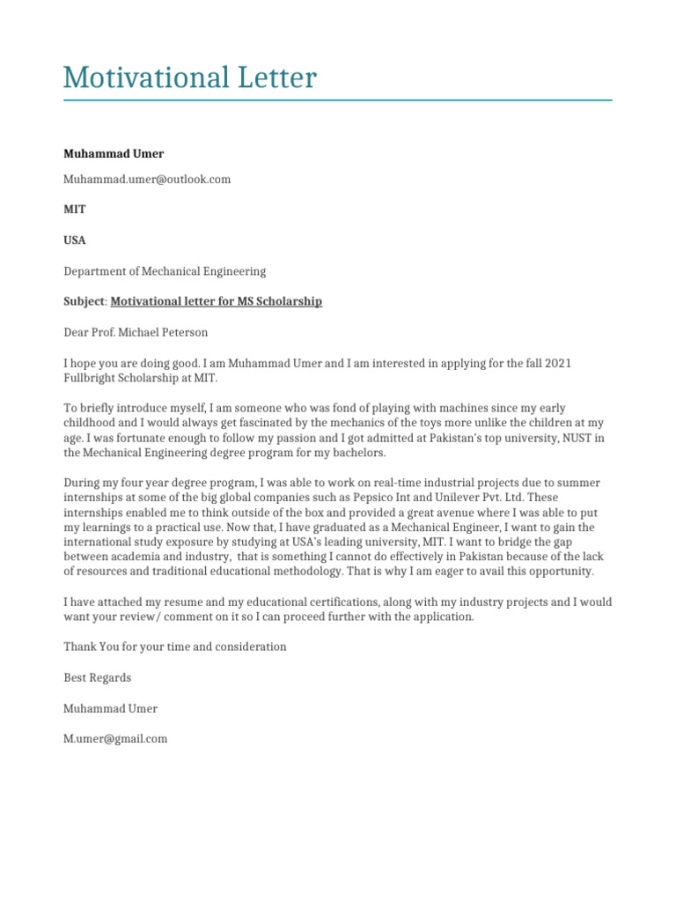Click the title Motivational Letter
189,78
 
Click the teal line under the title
337,100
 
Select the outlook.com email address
147,179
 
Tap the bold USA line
75,240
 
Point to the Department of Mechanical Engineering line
165,271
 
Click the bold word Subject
84,301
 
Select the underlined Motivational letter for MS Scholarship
217,301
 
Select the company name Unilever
474,497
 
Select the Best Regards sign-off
97,677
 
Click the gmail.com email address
115,739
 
